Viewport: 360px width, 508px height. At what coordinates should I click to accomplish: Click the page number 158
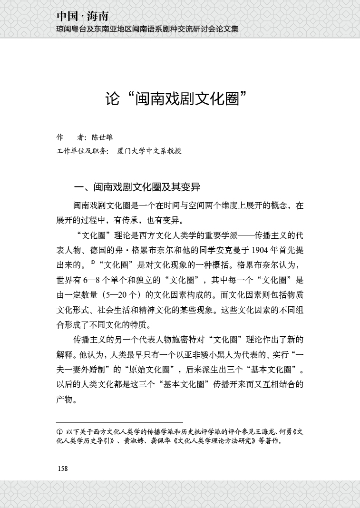tap(63, 469)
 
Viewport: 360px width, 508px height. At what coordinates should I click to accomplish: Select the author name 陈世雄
tap(102, 137)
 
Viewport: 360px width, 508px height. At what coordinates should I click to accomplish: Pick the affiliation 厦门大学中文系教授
tap(149, 151)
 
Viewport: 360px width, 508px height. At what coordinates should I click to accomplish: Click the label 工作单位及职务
tap(82, 151)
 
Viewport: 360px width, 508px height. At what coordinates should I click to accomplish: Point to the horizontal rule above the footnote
tap(119, 422)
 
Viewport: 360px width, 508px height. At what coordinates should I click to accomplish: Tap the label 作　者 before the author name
tap(70, 137)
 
